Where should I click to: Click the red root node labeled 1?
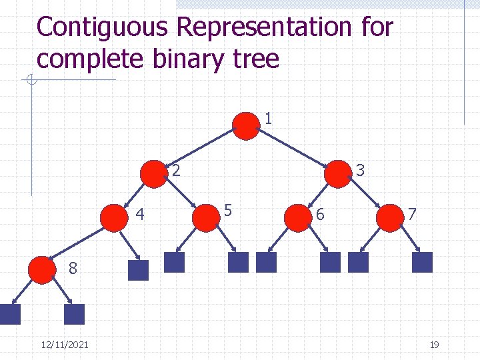pyautogui.click(x=246, y=126)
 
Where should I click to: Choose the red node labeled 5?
pyautogui.click(x=205, y=218)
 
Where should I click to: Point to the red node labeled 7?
pyautogui.click(x=389, y=218)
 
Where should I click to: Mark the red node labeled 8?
pyautogui.click(x=43, y=269)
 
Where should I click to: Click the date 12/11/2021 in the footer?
pyautogui.click(x=65, y=344)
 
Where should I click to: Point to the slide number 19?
pyautogui.click(x=434, y=344)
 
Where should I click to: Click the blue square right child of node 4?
pyautogui.click(x=138, y=269)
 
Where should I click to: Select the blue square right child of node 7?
pyautogui.click(x=422, y=262)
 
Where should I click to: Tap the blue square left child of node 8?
pyautogui.click(x=11, y=315)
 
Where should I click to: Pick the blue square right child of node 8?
pyautogui.click(x=75, y=315)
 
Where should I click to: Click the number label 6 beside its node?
pyautogui.click(x=321, y=215)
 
